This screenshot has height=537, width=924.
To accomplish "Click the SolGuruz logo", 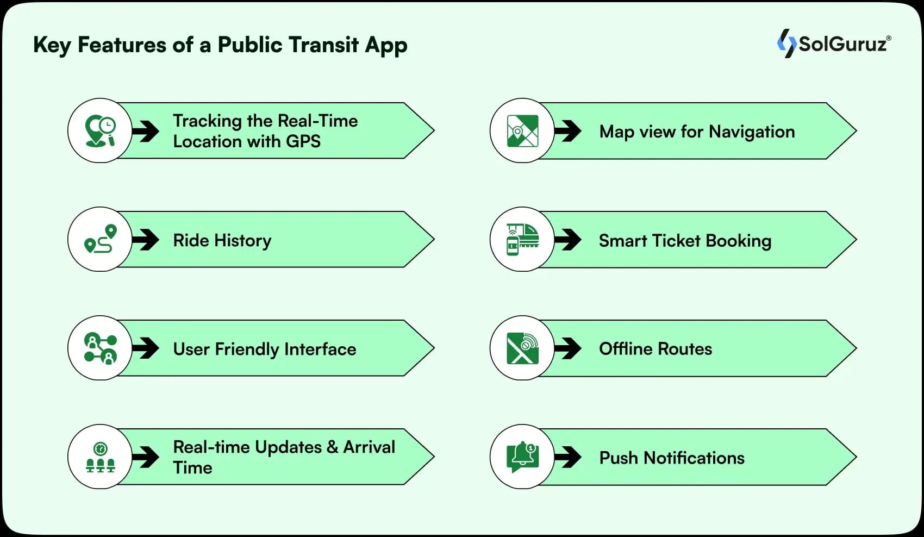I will pos(834,43).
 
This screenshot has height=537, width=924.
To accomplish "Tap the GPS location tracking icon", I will pos(100,130).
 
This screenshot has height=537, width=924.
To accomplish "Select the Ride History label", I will pos(222,240).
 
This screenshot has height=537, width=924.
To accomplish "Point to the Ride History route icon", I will pos(100,239).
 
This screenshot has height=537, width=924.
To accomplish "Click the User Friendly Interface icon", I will pos(100,348).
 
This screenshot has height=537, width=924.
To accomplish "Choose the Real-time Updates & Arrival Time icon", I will pos(100,457).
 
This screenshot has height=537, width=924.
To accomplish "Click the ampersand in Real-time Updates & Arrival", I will pos(332,447).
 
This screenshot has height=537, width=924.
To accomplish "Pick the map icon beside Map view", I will pos(522,130).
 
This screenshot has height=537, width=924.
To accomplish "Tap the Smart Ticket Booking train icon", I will pos(522,239).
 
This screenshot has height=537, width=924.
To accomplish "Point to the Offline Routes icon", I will pos(522,348).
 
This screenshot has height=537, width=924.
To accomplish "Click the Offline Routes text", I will pos(655,349).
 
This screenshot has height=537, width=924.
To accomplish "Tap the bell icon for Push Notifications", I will pos(522,457).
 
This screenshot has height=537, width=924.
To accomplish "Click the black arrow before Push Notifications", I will pos(568,457).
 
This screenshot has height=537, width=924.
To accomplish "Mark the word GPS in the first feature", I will pos(303,141).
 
